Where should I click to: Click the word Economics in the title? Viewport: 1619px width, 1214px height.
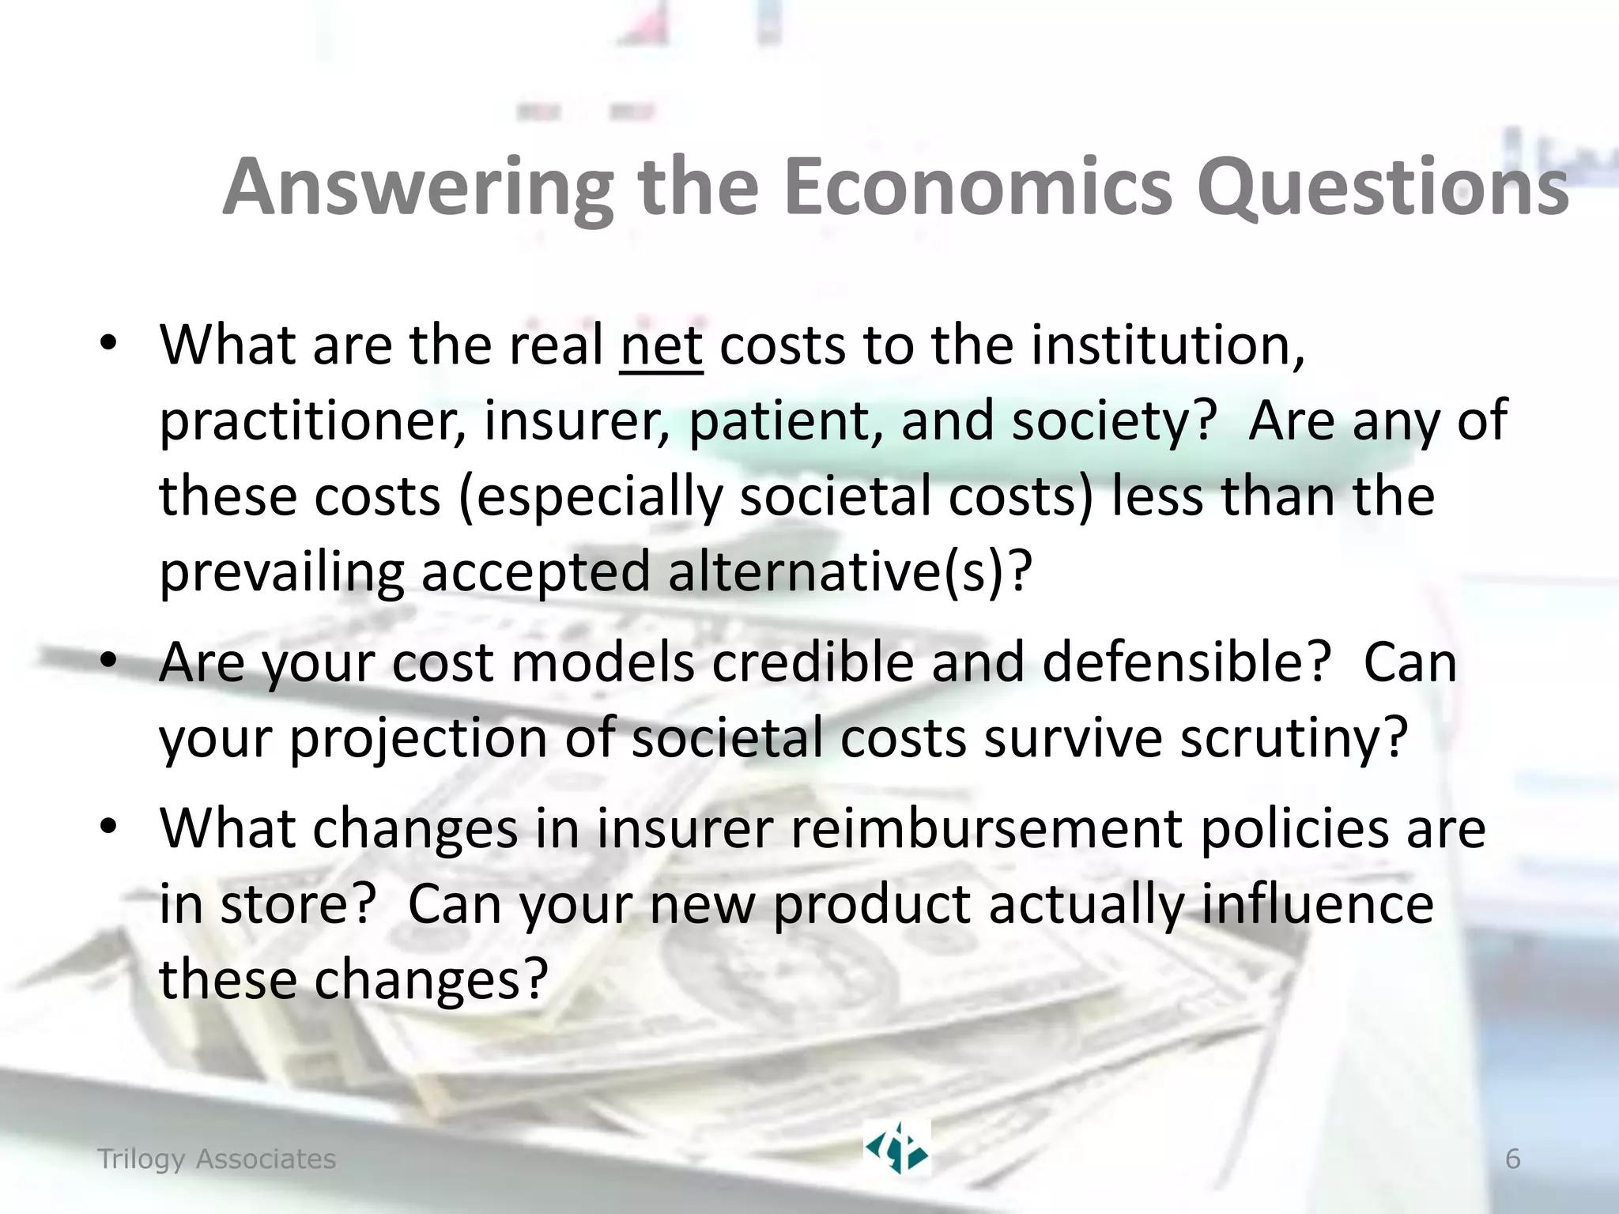point(978,187)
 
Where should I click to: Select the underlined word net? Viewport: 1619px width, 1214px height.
point(662,346)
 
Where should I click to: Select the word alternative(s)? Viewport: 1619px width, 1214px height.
point(850,571)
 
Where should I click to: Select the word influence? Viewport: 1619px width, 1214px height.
point(1317,904)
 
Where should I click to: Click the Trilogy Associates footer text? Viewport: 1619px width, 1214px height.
point(217,1159)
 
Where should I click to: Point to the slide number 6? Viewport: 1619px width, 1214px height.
point(1512,1159)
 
